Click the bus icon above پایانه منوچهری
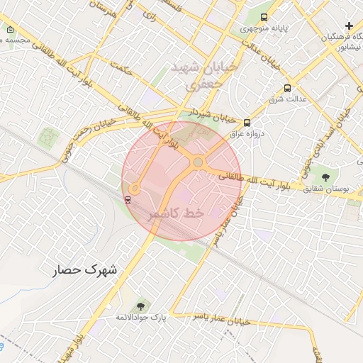point(264,17)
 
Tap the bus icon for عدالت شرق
point(287,89)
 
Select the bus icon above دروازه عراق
point(246,123)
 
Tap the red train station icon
point(128,199)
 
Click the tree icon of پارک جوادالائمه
point(140,306)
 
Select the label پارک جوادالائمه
point(141,318)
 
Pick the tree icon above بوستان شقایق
point(325,177)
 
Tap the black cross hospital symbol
point(349,26)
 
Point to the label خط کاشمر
point(176,213)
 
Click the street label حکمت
point(122,69)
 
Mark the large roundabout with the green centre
point(198,163)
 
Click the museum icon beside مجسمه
point(10,30)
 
